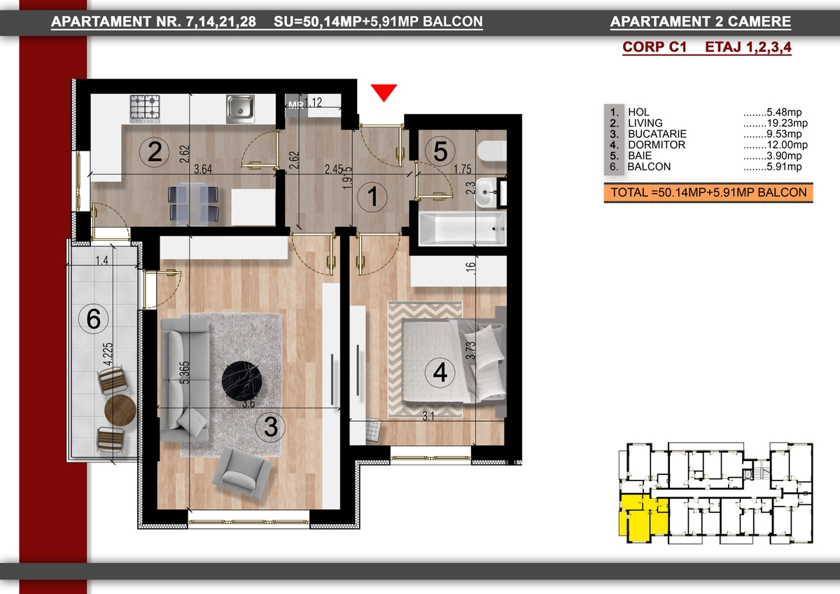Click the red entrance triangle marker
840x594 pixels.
point(384,92)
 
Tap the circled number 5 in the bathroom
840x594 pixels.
point(440,151)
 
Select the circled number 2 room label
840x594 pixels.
point(154,152)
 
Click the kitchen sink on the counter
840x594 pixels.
point(240,109)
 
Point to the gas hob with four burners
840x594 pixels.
point(145,109)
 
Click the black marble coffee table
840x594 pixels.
point(241,381)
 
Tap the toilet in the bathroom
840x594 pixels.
point(492,151)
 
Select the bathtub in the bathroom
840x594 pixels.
point(463,228)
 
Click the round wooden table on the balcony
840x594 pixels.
point(120,410)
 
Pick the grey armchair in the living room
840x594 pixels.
point(242,473)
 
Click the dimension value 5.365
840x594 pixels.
point(185,372)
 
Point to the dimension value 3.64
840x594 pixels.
point(203,170)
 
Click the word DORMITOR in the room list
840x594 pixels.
point(657,145)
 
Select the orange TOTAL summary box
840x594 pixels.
point(708,193)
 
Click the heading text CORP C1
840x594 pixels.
point(654,47)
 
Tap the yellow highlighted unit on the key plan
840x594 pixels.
point(643,518)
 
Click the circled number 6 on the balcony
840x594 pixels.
point(93,319)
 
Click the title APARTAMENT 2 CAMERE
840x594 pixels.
point(701,22)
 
